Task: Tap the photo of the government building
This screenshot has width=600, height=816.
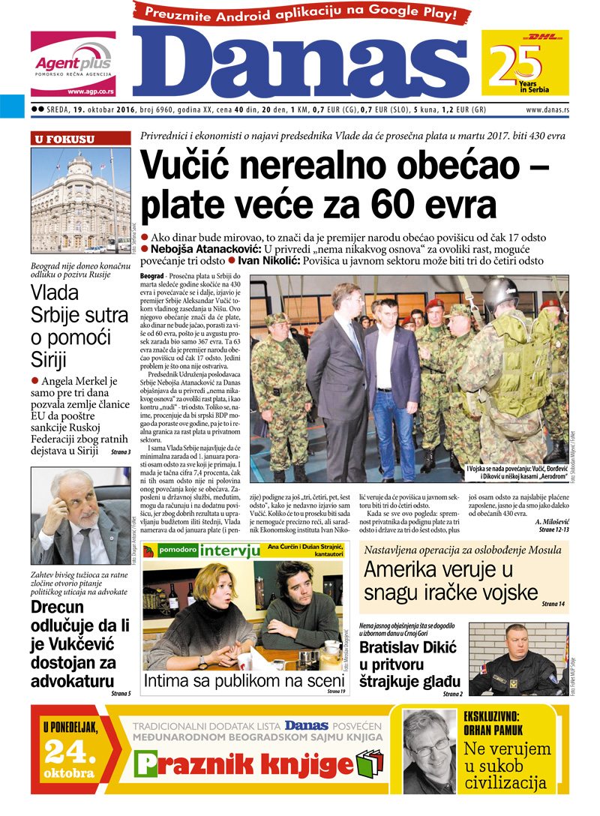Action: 81,200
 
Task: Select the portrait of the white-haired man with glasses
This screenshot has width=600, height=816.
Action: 81,517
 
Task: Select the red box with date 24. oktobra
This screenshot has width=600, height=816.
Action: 69,749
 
